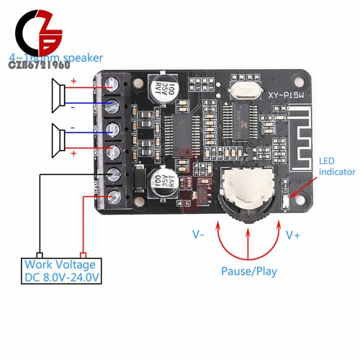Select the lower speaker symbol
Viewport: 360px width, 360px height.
point(55,138)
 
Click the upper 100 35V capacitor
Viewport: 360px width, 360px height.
point(160,89)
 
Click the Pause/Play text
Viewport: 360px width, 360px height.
point(248,272)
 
